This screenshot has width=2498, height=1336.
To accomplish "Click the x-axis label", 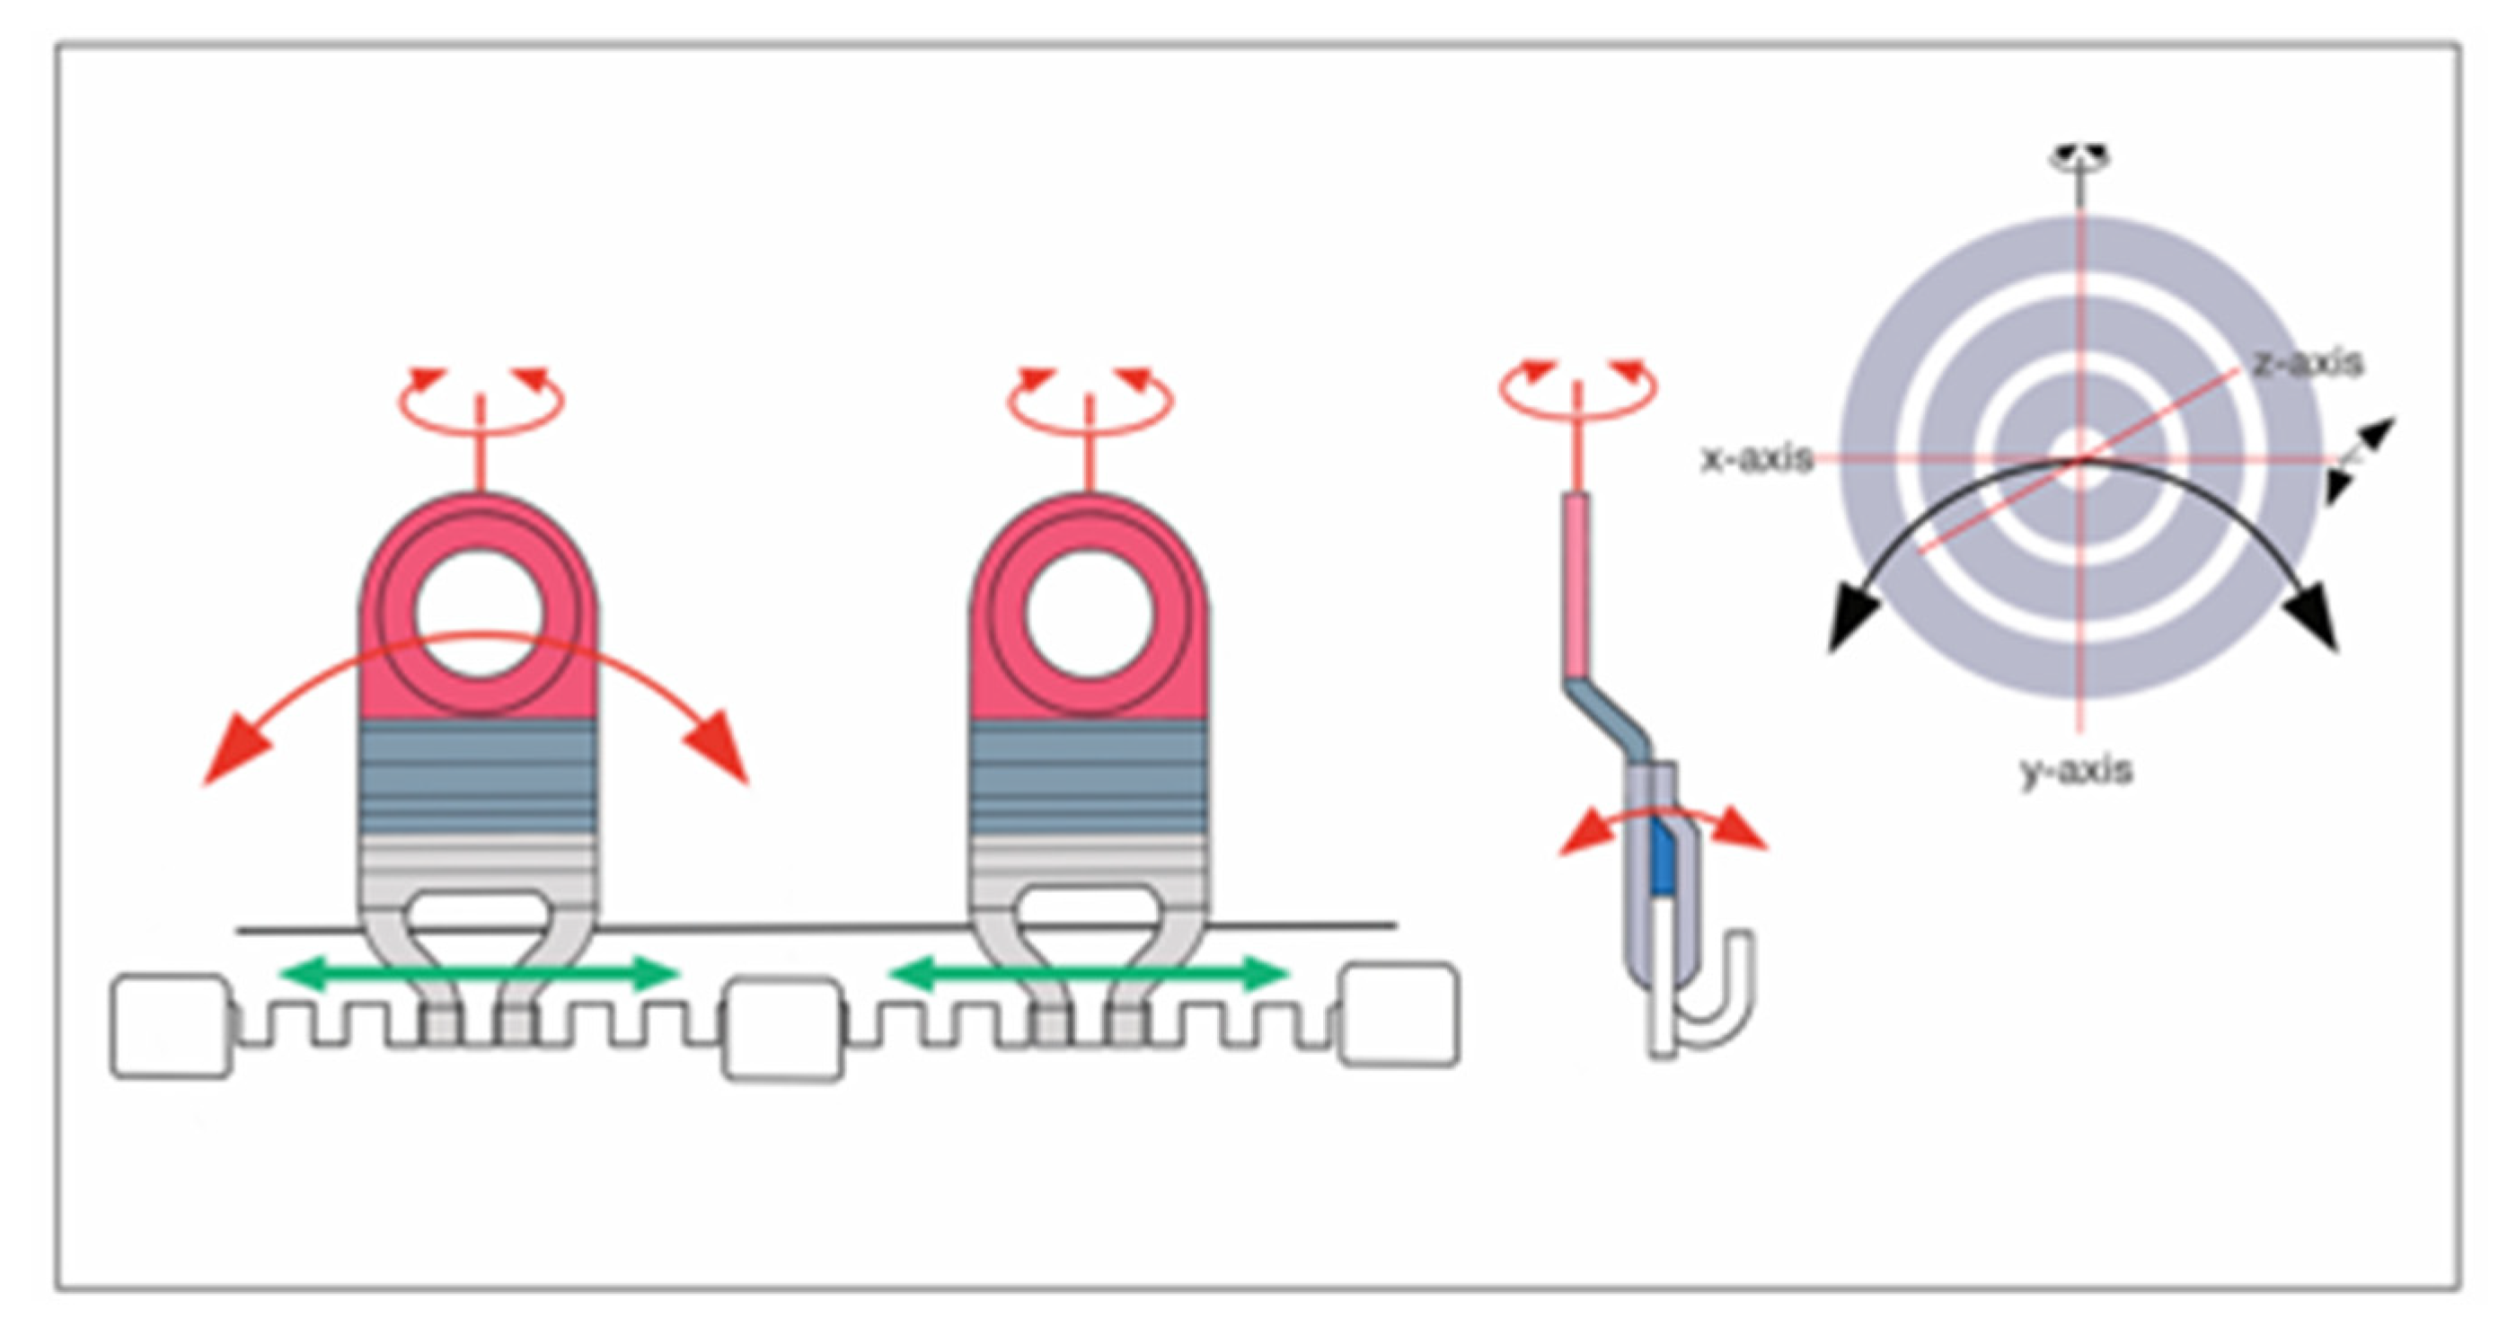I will [1757, 458].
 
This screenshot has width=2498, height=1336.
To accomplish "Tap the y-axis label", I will [2076, 772].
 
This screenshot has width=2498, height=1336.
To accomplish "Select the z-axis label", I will [2308, 363].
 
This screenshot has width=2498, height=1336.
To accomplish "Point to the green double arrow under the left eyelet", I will [479, 973].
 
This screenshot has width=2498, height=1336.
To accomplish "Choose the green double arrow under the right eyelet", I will [1088, 973].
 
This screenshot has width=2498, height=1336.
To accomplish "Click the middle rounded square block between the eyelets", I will [783, 1031].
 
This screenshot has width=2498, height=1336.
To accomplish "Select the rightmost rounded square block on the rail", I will [1399, 1016].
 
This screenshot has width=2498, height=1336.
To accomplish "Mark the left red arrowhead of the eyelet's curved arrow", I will [233, 756].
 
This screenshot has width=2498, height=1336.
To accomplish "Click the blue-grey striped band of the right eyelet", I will [1088, 776].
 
